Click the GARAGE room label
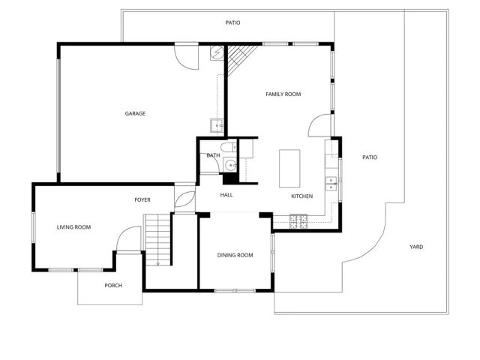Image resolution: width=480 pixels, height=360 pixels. pyautogui.click(x=135, y=113)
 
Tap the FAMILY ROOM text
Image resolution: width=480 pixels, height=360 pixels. pyautogui.click(x=283, y=94)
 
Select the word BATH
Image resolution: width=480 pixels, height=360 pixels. pyautogui.click(x=214, y=155)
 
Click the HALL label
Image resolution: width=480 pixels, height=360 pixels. pyautogui.click(x=226, y=195)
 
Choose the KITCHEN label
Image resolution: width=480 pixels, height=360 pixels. pyautogui.click(x=302, y=196)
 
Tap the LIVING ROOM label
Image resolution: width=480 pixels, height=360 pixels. pyautogui.click(x=73, y=226)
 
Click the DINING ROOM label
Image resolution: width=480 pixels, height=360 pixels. pyautogui.click(x=235, y=255)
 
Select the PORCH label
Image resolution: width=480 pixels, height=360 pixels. pyautogui.click(x=113, y=285)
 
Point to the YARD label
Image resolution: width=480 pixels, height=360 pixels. pyautogui.click(x=416, y=247)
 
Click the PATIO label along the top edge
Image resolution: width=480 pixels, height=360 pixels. pyautogui.click(x=233, y=22)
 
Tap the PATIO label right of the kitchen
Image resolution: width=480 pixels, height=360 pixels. pyautogui.click(x=370, y=157)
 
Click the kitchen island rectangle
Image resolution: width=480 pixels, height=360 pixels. pyautogui.click(x=289, y=168)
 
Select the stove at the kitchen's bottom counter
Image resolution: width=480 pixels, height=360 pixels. pyautogui.click(x=298, y=220)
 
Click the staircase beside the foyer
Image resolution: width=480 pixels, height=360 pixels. pyautogui.click(x=158, y=238)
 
